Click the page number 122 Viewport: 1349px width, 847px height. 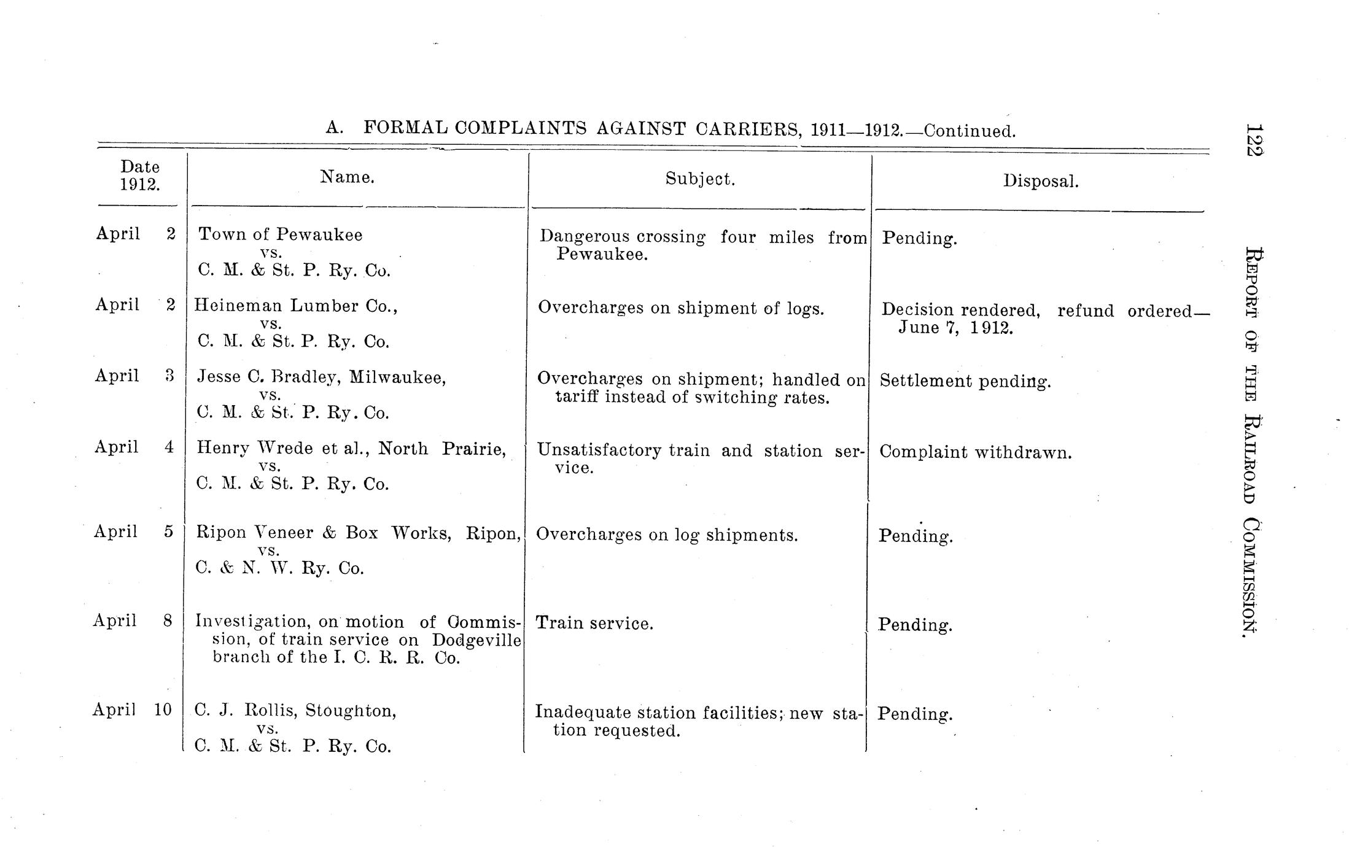click(x=1253, y=141)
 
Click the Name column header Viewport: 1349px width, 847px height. click(x=347, y=177)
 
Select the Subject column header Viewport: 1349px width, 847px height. click(x=700, y=179)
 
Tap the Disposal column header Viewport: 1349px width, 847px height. click(x=1041, y=181)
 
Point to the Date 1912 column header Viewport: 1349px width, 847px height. click(x=140, y=176)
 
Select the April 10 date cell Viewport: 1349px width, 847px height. click(x=132, y=710)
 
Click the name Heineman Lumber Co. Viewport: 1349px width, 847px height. click(x=296, y=306)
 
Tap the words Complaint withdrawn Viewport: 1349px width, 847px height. click(x=975, y=453)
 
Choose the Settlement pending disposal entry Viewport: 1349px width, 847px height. click(x=965, y=382)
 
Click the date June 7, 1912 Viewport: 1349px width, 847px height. click(x=955, y=328)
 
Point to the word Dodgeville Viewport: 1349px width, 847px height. click(x=476, y=640)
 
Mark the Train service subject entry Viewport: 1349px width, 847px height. click(x=594, y=624)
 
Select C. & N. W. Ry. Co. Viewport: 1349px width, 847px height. click(x=280, y=569)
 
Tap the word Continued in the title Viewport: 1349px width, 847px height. click(x=970, y=131)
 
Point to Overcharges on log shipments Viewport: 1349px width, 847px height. click(x=667, y=535)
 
